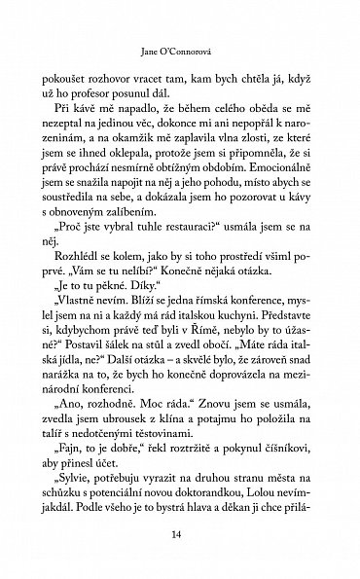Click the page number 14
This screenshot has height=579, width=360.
click(x=179, y=534)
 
